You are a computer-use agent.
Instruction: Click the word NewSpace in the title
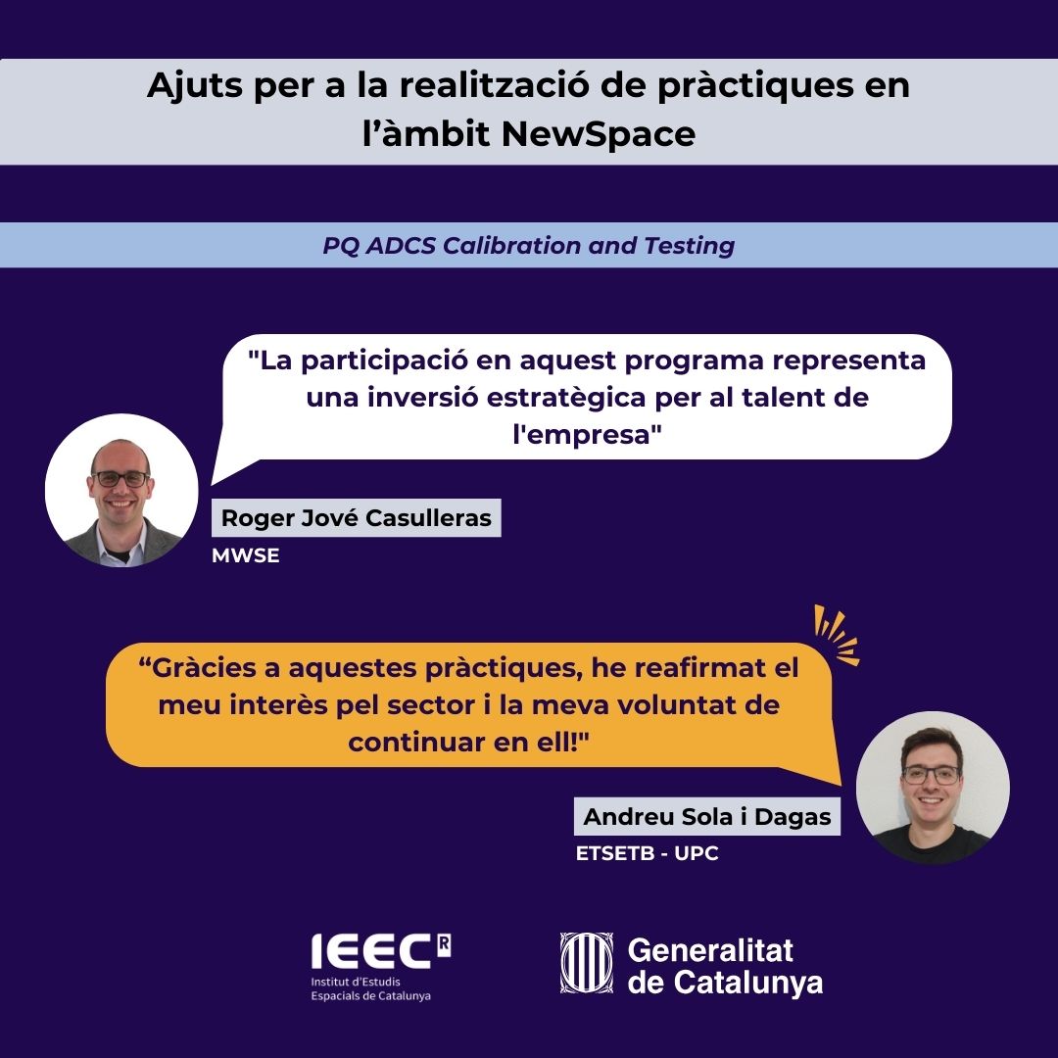point(598,133)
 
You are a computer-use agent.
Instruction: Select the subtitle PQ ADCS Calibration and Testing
point(528,246)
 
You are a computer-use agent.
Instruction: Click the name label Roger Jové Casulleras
point(357,517)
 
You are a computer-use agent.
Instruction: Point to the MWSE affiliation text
point(246,555)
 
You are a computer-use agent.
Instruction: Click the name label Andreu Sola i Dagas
point(707,816)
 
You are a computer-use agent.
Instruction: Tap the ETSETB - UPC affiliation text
point(648,853)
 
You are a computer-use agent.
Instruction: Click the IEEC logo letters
point(372,951)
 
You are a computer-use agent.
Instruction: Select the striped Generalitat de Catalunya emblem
point(587,963)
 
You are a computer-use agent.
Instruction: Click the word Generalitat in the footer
point(710,950)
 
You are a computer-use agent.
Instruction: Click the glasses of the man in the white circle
point(120,478)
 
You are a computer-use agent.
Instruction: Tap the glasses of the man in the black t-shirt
point(932,775)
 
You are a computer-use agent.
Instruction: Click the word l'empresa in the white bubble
point(587,434)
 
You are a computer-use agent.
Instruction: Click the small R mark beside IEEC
point(444,944)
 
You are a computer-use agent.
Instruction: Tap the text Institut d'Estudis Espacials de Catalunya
point(370,988)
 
